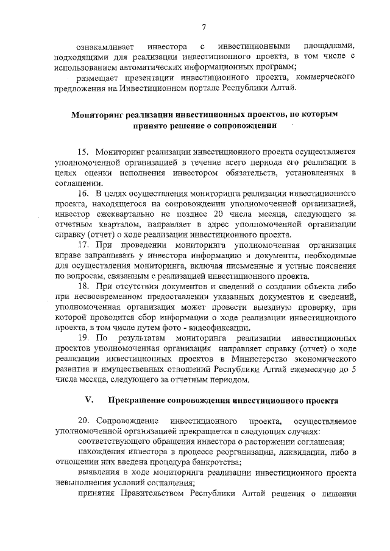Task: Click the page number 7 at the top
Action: coord(204,26)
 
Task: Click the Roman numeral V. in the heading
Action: coord(88,401)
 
